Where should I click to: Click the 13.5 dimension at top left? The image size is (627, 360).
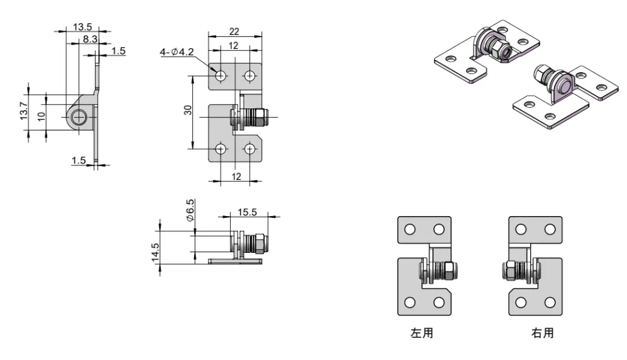83,27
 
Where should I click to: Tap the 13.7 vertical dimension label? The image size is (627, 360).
23,111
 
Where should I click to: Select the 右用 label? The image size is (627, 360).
542,334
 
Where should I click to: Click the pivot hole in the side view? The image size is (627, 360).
78,117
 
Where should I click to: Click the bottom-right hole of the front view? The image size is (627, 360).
250,149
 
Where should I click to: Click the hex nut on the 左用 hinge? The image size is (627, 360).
448,270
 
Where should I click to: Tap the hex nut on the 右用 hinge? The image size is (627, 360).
509,270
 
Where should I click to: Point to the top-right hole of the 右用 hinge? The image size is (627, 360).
550,230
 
